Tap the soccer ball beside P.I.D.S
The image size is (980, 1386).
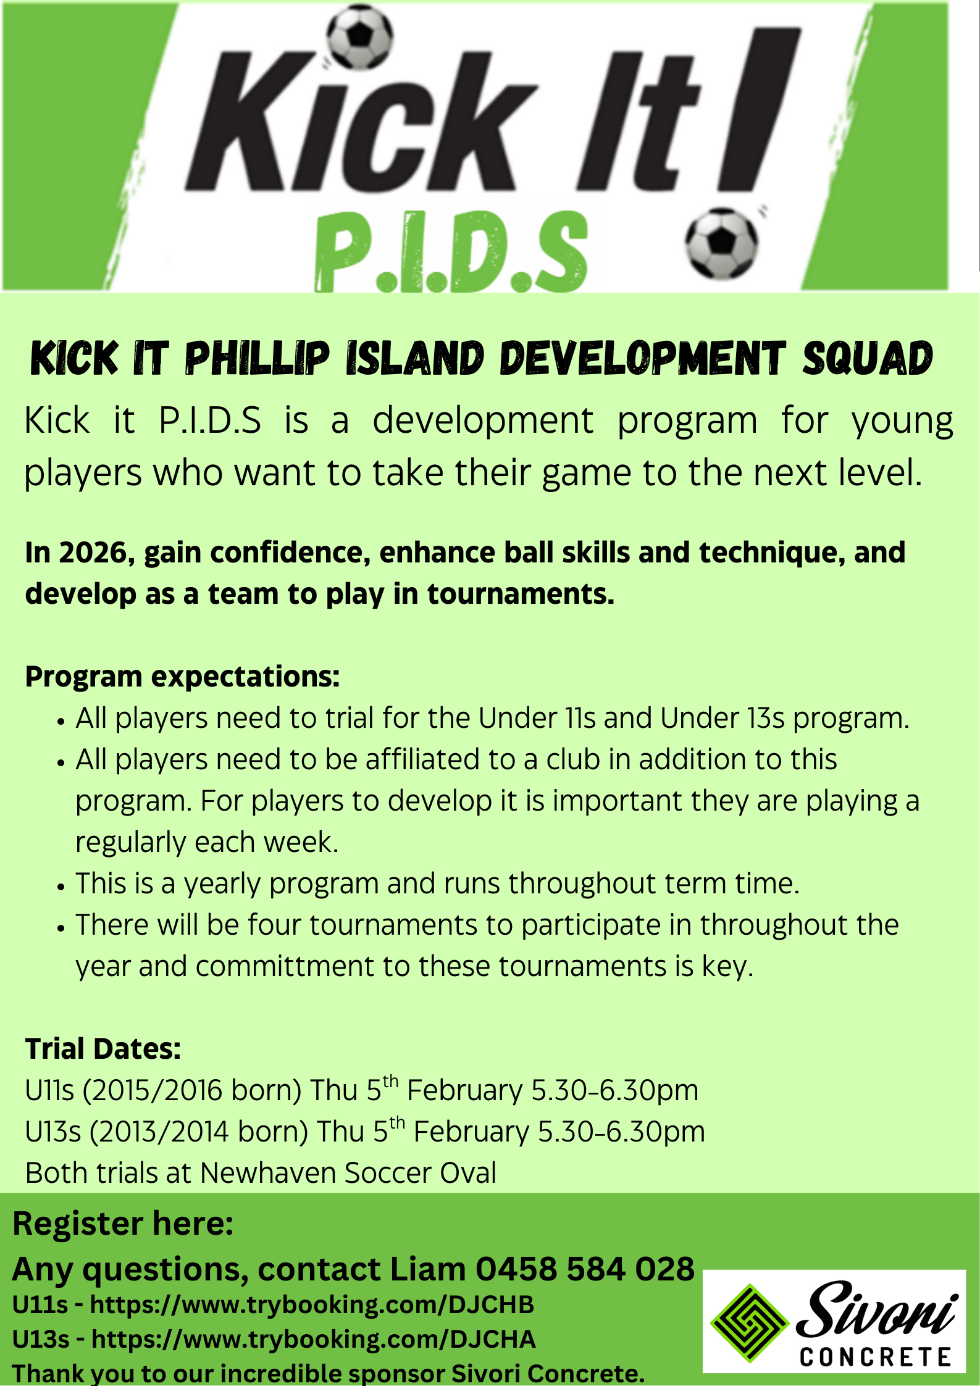pyautogui.click(x=721, y=243)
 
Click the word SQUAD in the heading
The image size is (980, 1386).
pyautogui.click(x=868, y=358)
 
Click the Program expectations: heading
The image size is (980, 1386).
pyautogui.click(x=182, y=677)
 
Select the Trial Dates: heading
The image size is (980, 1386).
pyautogui.click(x=103, y=1049)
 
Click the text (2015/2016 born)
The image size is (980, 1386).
pyautogui.click(x=192, y=1090)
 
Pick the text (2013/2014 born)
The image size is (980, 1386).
pyautogui.click(x=199, y=1132)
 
